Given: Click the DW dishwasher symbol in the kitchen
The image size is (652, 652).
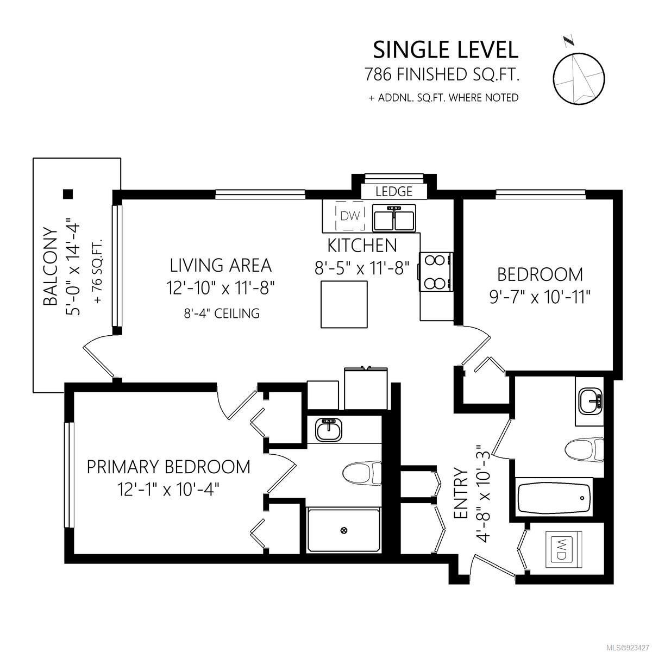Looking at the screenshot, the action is click(x=350, y=216).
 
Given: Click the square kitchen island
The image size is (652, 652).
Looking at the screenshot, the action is click(x=344, y=304).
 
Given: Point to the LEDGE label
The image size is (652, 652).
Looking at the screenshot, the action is click(x=394, y=191).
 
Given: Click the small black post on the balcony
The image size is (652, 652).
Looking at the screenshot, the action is click(x=68, y=193).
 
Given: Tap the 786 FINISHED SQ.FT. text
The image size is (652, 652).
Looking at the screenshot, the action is click(x=442, y=74).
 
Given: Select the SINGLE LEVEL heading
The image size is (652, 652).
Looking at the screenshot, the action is click(x=446, y=50).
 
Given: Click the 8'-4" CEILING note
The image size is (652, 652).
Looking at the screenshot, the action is click(x=222, y=314).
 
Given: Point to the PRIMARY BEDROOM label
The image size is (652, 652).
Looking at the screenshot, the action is click(x=168, y=467).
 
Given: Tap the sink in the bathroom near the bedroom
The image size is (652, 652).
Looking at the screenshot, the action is click(x=591, y=402).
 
